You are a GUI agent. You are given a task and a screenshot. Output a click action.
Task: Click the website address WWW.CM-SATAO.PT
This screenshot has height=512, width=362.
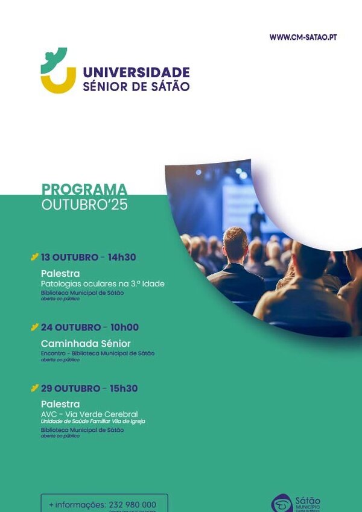(303, 37)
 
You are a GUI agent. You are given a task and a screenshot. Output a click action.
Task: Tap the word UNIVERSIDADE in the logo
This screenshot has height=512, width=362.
(136, 73)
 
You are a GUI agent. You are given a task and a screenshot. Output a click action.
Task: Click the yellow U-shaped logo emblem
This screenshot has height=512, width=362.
(58, 80)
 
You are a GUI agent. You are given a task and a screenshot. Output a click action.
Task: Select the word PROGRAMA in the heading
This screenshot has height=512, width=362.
(84, 189)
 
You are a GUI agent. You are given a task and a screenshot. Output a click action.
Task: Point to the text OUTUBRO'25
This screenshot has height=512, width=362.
(84, 205)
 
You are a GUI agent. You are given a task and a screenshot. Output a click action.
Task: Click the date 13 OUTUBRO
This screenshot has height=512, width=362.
(69, 258)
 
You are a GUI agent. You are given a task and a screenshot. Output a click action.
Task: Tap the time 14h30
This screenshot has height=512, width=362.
(121, 258)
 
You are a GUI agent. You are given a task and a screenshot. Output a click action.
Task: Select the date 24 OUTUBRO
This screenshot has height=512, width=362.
(71, 327)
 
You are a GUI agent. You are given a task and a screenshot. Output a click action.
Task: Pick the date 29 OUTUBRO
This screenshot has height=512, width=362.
(71, 388)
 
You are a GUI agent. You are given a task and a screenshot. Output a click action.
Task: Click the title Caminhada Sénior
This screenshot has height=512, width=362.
(86, 344)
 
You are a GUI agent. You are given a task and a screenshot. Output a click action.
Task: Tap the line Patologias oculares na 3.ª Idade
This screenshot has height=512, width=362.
(103, 283)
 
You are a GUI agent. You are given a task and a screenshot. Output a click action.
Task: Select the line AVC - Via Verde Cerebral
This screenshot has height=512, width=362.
(89, 414)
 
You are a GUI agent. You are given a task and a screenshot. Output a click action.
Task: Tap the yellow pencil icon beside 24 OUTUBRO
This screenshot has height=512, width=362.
(34, 327)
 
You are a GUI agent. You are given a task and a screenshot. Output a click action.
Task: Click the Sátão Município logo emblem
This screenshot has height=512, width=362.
(282, 503)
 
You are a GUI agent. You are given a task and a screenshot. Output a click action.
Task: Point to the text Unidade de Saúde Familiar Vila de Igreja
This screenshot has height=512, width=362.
(93, 422)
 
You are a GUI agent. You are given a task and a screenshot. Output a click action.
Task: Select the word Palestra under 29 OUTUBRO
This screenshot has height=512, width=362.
(60, 404)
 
